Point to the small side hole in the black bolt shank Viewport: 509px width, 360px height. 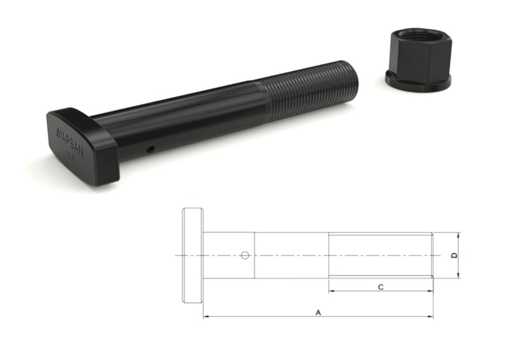coord(150,149)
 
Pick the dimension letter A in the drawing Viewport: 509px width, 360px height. coord(318,312)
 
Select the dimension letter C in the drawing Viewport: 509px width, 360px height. coord(380,286)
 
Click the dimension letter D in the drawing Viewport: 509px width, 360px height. coord(454,256)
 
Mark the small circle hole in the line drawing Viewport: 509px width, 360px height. coord(245,255)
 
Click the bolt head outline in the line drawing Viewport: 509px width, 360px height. coord(192,256)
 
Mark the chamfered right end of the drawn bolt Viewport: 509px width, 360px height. coord(431,255)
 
